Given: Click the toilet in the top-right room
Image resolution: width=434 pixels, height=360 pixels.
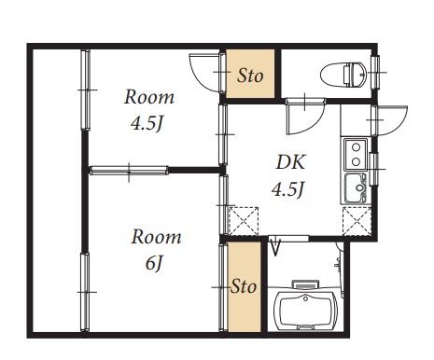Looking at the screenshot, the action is (x=343, y=75).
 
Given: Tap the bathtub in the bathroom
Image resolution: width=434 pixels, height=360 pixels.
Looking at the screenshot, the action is (x=305, y=310).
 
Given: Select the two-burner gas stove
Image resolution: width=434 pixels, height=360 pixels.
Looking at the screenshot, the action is (x=356, y=154).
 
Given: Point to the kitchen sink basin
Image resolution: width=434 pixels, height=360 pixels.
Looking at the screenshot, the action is (x=356, y=188).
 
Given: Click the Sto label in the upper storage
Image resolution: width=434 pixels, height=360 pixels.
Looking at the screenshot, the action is (x=250, y=76).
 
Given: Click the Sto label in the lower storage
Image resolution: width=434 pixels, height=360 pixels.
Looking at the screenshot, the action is (x=245, y=286).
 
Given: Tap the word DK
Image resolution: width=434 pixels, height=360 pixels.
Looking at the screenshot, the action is (x=291, y=161).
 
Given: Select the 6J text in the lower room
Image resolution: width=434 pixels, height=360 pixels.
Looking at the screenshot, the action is (x=154, y=263).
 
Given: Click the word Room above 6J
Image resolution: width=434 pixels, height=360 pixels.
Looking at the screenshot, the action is (x=156, y=237).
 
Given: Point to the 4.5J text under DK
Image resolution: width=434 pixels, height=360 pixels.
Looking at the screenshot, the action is (x=287, y=188).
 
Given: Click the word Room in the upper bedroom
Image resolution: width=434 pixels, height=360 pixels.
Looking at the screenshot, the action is (x=149, y=97).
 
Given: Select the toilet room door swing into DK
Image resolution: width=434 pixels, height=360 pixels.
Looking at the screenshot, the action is (x=306, y=117).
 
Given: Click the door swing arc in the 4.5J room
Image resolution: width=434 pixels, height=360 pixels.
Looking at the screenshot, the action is (x=203, y=74).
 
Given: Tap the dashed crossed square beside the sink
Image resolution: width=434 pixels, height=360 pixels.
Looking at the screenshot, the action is (x=357, y=221).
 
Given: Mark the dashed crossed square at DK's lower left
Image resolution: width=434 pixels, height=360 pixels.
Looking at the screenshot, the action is (x=244, y=221).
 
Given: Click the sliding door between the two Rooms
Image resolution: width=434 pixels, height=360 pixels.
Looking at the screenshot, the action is (x=129, y=171).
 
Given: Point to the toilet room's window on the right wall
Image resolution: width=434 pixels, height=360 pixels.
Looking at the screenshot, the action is (x=376, y=73).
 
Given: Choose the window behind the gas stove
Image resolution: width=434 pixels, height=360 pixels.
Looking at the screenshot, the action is (x=374, y=170).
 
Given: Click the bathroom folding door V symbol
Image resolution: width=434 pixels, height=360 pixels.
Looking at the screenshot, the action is (x=275, y=247).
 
